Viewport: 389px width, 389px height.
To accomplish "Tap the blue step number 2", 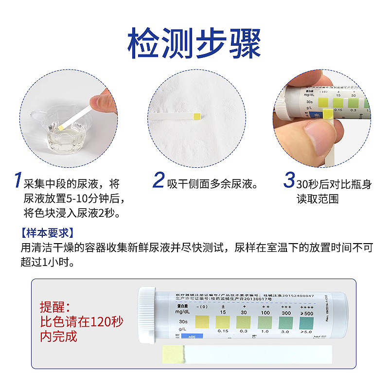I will click(158, 180).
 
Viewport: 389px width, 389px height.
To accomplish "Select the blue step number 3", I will click(289, 180).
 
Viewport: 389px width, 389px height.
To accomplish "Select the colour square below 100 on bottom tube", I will click(264, 321).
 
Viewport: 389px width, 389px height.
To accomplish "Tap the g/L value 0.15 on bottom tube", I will click(223, 331).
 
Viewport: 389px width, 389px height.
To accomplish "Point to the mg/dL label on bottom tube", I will click(179, 311).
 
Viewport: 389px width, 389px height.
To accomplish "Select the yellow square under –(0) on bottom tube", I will click(201, 321).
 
